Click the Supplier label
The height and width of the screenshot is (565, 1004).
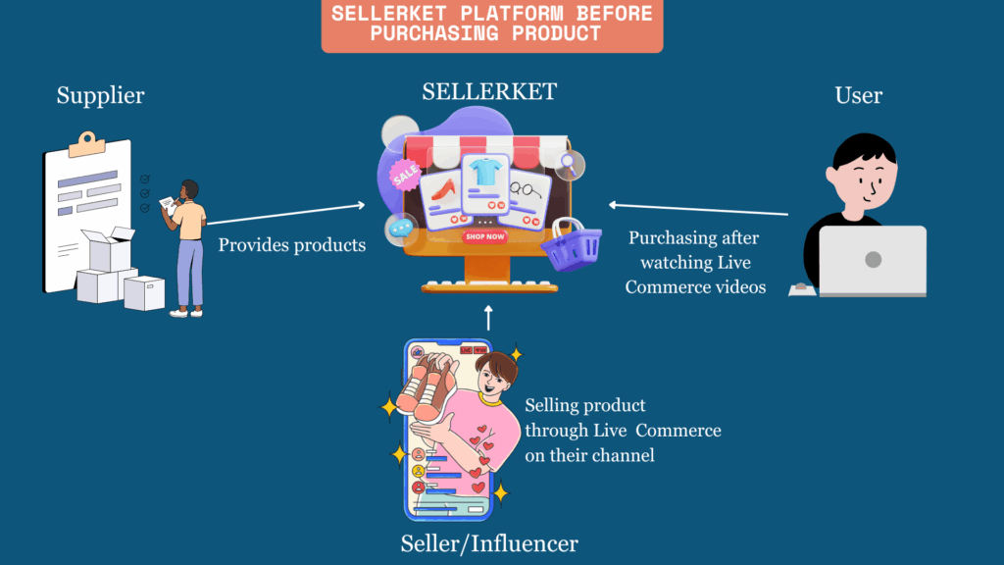pos(101,95)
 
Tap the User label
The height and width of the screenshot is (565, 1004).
pos(858,95)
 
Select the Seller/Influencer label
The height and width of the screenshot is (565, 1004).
pos(489,543)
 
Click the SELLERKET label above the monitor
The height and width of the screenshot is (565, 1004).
pos(489,91)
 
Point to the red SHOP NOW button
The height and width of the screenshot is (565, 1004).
pos(484,236)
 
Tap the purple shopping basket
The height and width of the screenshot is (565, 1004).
pos(572,244)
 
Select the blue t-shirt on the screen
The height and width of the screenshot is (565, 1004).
pos(484,172)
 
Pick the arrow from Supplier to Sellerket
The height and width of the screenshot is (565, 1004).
pos(285,214)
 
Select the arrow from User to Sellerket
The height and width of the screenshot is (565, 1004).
pos(698,209)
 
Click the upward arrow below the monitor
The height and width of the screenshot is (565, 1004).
pos(488,318)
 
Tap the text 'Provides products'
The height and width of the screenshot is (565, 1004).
pos(292,244)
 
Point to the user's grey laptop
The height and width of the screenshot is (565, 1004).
pos(872,261)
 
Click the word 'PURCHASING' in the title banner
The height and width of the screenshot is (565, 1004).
pos(434,33)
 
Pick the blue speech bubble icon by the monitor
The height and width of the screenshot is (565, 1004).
pos(401,228)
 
